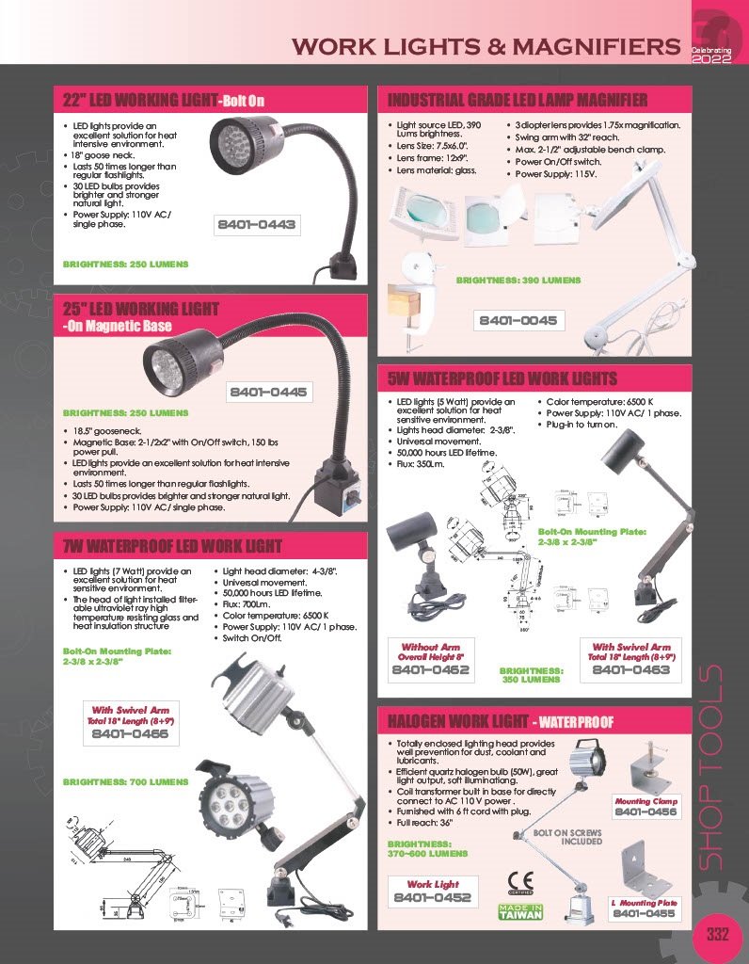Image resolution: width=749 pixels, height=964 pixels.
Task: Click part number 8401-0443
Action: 257,225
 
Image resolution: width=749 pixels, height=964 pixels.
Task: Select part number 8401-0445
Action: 269,392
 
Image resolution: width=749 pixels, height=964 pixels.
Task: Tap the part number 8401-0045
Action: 518,321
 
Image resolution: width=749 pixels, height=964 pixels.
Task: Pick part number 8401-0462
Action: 430,670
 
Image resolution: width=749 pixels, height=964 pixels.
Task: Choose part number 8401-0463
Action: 630,670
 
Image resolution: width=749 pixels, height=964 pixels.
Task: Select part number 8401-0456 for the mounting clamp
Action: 645,811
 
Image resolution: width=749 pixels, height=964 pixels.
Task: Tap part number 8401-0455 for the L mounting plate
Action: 644,913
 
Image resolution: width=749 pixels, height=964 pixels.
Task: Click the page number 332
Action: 718,935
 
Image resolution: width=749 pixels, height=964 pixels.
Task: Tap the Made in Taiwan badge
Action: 520,911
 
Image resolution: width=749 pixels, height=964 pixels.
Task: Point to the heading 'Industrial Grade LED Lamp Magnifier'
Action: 518,100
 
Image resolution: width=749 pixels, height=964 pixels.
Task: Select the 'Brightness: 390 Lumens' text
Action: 518,281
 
